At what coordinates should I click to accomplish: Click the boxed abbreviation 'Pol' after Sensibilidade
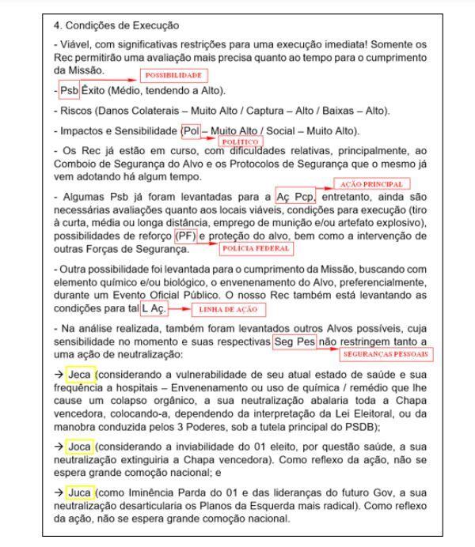tap(191, 130)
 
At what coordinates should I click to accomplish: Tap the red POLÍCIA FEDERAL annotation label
tap(255, 248)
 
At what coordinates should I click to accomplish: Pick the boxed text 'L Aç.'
tap(155, 307)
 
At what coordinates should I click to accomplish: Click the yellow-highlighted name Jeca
tap(82, 373)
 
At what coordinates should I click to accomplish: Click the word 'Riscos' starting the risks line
tap(87, 110)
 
